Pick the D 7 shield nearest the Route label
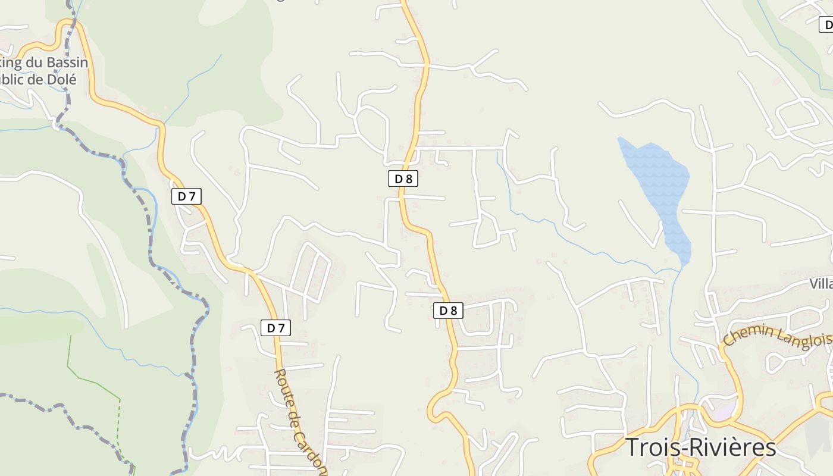tap(275, 327)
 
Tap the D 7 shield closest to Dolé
tap(186, 196)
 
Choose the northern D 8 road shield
tap(403, 178)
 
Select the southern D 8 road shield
tap(447, 310)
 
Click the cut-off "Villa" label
tap(821, 283)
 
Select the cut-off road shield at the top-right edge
tap(826, 25)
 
